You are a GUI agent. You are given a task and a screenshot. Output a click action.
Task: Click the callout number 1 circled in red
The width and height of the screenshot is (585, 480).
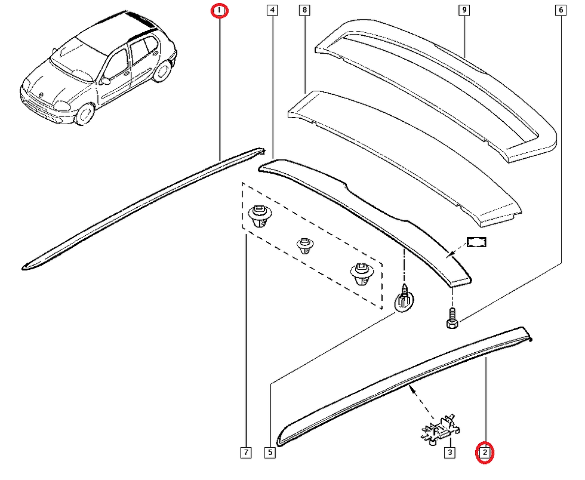[x=220, y=11]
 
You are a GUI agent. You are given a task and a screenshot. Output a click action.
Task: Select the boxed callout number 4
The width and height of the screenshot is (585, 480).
[x=272, y=10]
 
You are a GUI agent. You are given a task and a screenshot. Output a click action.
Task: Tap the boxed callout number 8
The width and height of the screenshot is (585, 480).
[x=305, y=10]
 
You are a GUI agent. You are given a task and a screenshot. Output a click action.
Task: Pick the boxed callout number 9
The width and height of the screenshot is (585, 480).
[x=463, y=10]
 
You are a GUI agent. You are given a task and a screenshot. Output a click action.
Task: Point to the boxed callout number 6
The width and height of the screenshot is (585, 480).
[x=561, y=10]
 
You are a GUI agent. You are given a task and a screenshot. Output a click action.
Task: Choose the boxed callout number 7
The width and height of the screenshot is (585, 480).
[x=246, y=453]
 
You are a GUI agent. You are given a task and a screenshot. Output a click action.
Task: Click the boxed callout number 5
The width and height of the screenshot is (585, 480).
[x=270, y=453]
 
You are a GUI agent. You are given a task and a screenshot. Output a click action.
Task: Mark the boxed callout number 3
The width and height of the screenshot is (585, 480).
[x=448, y=453]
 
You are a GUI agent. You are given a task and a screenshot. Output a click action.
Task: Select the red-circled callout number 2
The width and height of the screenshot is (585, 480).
[x=485, y=453]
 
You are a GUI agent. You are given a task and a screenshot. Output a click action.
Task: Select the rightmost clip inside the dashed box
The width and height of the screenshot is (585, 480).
[x=359, y=273]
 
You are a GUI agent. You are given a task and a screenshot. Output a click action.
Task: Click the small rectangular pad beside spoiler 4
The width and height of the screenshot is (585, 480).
[x=477, y=242]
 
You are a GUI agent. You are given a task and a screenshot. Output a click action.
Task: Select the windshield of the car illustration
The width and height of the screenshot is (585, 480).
[x=75, y=57]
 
